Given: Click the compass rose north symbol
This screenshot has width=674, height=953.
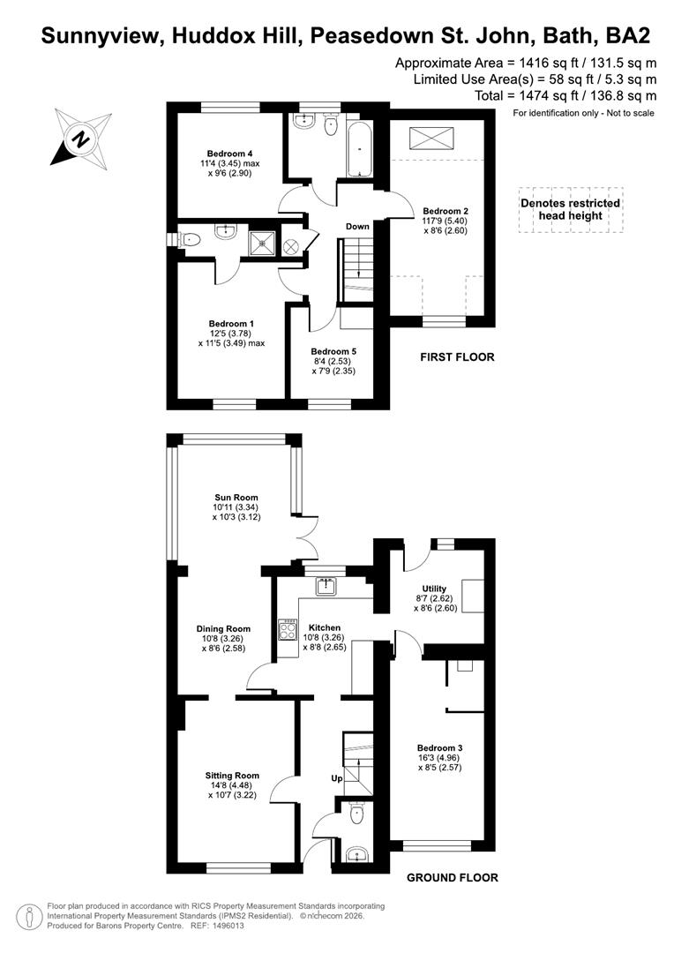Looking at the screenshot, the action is [81, 139].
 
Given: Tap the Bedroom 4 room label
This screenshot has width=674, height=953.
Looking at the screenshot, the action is [229, 154].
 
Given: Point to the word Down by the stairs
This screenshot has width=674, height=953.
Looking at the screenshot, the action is [357, 226].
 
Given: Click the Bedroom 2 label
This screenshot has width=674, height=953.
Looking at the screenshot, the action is [446, 211].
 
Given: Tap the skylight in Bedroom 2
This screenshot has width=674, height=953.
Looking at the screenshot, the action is [431, 138].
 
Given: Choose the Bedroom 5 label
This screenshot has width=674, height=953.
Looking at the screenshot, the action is [333, 351].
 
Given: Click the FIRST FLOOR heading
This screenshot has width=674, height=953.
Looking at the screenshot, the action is [457, 357].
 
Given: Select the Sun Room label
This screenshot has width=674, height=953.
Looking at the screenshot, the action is [236, 497].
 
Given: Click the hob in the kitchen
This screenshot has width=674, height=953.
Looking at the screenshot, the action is [288, 629].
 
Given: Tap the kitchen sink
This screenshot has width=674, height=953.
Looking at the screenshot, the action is [326, 587].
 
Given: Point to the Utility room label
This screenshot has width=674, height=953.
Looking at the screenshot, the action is [434, 589].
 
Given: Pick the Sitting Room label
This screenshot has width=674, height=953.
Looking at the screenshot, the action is [232, 776].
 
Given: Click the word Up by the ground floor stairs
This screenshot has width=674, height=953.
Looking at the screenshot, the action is [337, 778].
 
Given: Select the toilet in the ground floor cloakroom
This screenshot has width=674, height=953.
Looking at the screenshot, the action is [356, 814].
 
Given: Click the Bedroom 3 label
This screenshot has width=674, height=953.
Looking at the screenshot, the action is [440, 747].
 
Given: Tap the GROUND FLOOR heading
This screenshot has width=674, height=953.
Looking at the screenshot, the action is [453, 878].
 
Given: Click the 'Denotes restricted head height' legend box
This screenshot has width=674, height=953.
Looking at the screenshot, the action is [570, 210].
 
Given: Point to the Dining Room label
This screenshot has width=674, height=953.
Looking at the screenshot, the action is [223, 628].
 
